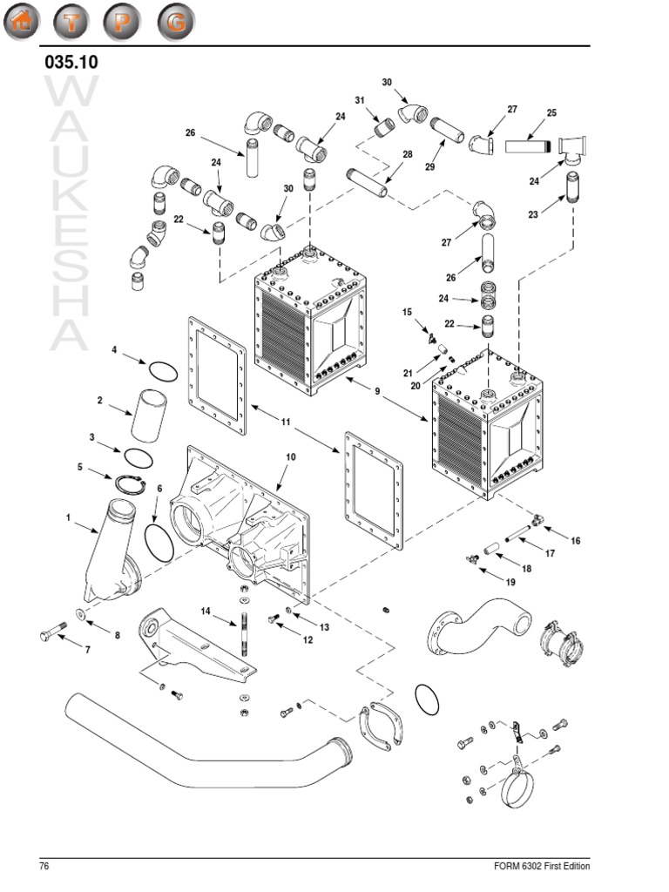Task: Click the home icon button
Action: tap(24, 23)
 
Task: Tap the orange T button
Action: tap(74, 23)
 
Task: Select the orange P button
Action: tap(124, 23)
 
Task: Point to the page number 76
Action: tap(44, 866)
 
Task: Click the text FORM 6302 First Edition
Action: tap(541, 866)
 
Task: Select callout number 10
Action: tap(291, 456)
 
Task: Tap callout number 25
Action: tap(551, 112)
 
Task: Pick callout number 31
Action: tap(359, 100)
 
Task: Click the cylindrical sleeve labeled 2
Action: tap(147, 415)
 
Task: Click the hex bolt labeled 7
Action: tap(51, 634)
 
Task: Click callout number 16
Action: tap(575, 540)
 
